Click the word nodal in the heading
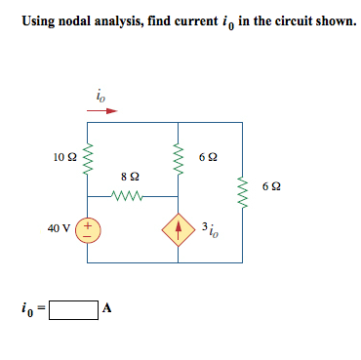pos(79,21)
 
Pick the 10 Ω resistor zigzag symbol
pos(89,156)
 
